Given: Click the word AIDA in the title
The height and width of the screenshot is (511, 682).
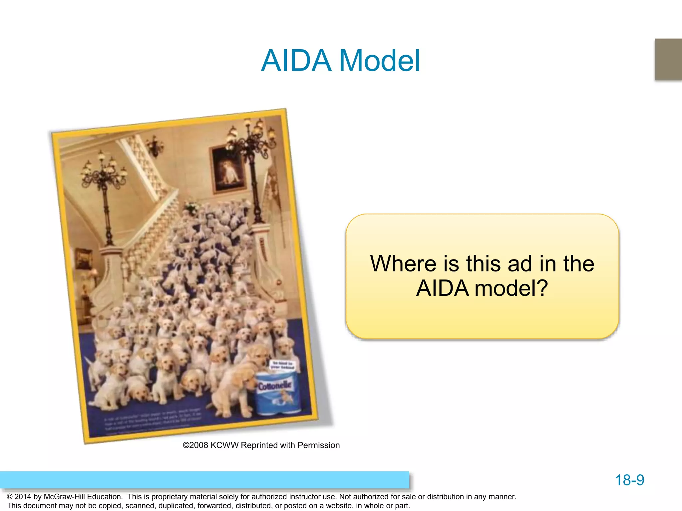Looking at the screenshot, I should pyautogui.click(x=296, y=61).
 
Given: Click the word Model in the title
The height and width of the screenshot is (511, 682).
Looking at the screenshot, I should pyautogui.click(x=379, y=61).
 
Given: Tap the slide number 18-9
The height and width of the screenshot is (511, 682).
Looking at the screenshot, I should pyautogui.click(x=629, y=480).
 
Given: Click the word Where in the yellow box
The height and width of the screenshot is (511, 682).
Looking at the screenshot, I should pyautogui.click(x=403, y=264).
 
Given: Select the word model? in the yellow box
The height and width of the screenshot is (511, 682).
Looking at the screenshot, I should pyautogui.click(x=511, y=288).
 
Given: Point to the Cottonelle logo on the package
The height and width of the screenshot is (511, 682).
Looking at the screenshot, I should pyautogui.click(x=275, y=386).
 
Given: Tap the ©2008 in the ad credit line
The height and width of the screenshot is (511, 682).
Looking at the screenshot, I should pyautogui.click(x=195, y=445).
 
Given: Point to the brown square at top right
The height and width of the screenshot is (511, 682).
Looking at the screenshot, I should pyautogui.click(x=668, y=59).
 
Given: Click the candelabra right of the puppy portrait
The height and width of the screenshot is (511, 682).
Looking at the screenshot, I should pyautogui.click(x=253, y=140).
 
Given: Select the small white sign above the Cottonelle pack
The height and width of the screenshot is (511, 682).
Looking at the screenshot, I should pyautogui.click(x=282, y=365).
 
